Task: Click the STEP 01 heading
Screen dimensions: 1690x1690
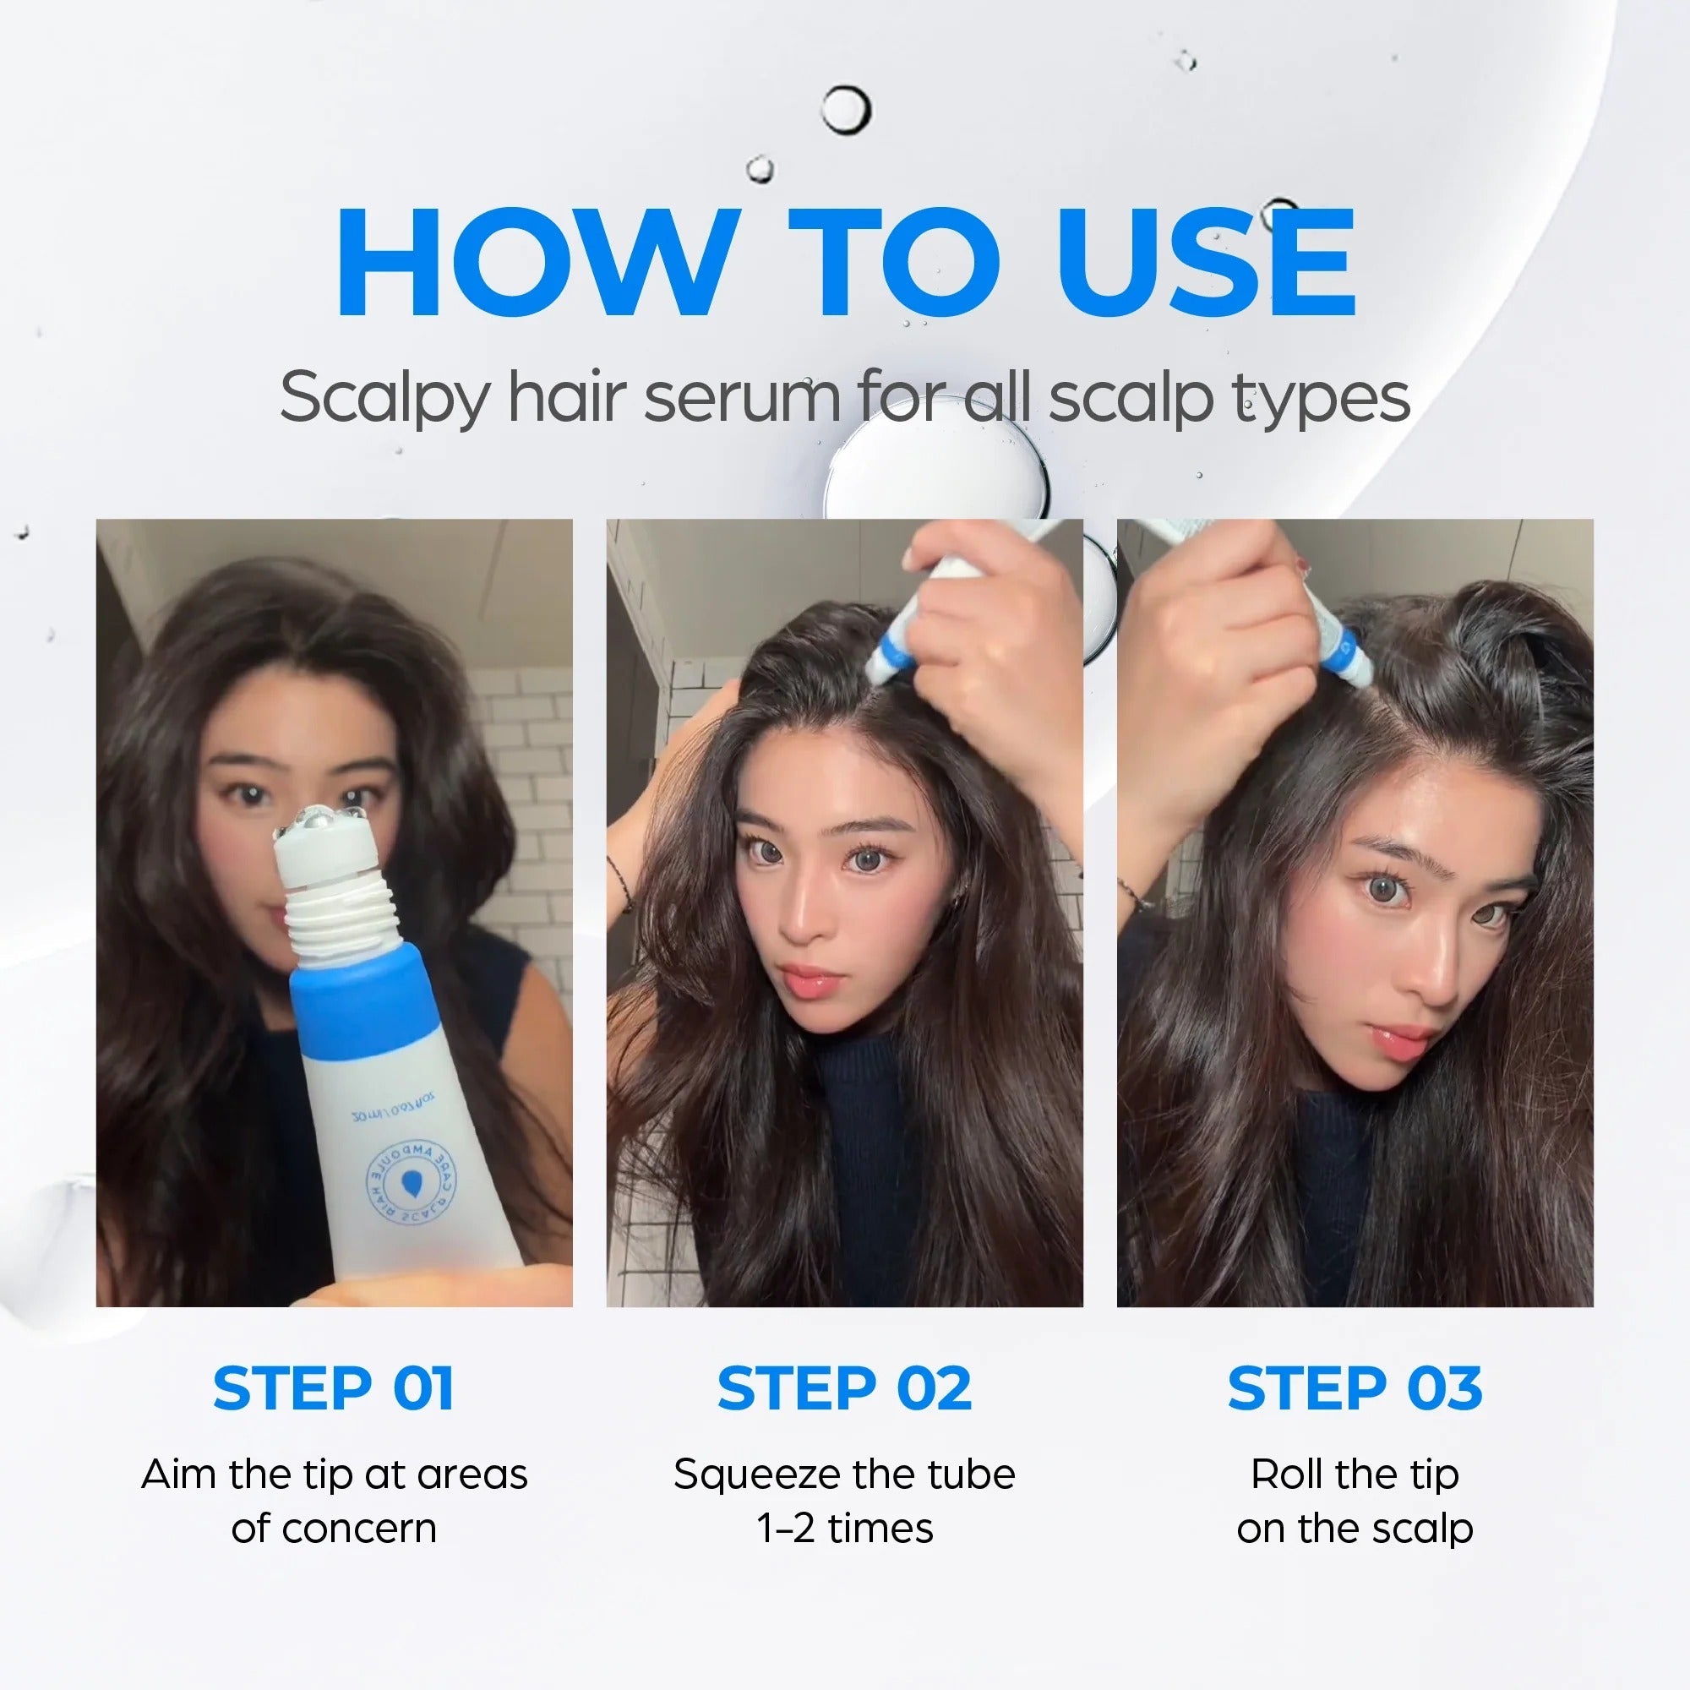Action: point(333,1389)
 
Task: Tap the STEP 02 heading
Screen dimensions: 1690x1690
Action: point(844,1389)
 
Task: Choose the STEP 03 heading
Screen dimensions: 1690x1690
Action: point(1355,1389)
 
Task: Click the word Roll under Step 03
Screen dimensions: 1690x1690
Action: point(1286,1475)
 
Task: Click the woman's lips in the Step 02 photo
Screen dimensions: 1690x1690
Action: point(812,980)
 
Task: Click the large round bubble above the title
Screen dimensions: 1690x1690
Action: point(845,110)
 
